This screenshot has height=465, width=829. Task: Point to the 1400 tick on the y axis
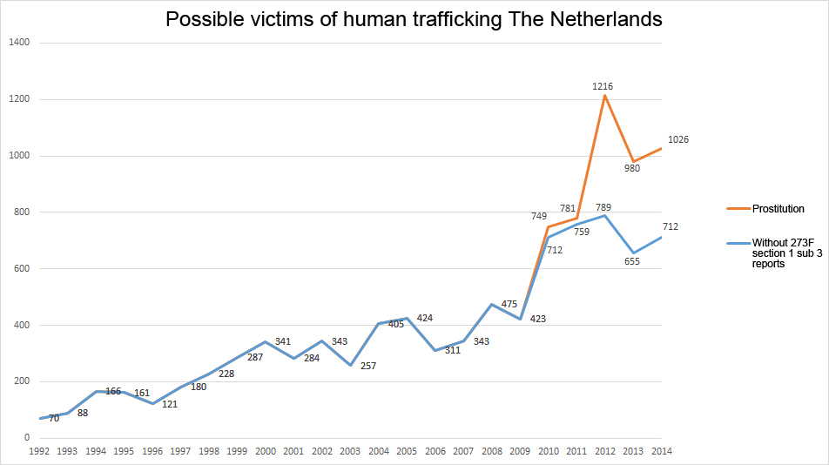[18, 43]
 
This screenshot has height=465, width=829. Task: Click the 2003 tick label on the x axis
[350, 452]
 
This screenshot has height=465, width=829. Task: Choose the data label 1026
[678, 139]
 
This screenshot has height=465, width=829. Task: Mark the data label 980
[632, 168]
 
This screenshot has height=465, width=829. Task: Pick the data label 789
[603, 206]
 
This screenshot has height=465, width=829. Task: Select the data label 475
[509, 304]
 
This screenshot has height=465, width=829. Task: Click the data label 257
[367, 366]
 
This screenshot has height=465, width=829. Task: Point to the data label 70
[54, 419]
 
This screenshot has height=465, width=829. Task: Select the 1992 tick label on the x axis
[39, 452]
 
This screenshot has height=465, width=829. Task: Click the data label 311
[452, 350]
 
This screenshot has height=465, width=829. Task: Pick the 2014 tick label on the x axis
[662, 452]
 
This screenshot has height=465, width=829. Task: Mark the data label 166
[113, 392]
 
